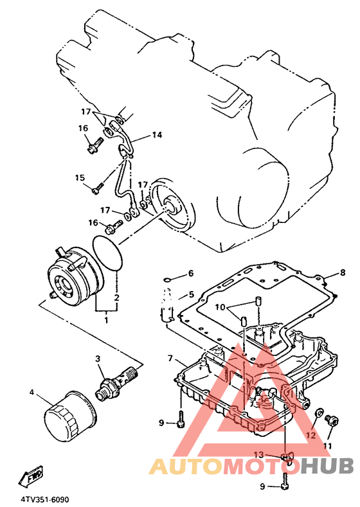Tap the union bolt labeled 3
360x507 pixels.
tap(117, 383)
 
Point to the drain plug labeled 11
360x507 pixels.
tap(332, 421)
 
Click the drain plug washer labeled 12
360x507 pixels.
tap(319, 413)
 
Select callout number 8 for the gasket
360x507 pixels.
tap(343, 272)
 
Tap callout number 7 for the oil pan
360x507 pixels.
tap(170, 358)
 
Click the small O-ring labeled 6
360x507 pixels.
tap(167, 280)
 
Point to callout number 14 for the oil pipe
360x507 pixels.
tap(157, 134)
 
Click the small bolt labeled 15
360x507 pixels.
tap(97, 188)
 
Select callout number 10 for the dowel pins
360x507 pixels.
tap(220, 307)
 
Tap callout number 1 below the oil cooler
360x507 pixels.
tap(106, 320)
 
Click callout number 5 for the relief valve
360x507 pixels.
tap(192, 294)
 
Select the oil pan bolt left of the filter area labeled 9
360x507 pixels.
tap(181, 420)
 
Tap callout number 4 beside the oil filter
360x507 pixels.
tap(32, 392)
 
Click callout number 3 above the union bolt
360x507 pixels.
tap(98, 359)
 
